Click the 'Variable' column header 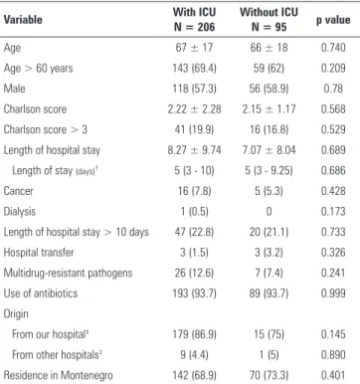pos(23,20)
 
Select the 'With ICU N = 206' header pos(194,20)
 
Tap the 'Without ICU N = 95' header pos(269,20)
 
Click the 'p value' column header pos(333,20)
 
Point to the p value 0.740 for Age pos(333,48)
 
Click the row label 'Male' pos(14,89)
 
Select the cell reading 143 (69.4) pos(194,68)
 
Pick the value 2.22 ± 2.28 pos(194,109)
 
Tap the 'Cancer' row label pos(19,191)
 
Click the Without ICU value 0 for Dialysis pos(269,212)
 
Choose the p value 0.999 pos(333,293)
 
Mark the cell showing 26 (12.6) pos(194,273)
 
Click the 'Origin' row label pos(16,314)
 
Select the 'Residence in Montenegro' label pos(58,375)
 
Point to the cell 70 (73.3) pos(269,375)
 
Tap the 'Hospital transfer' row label pos(39,253)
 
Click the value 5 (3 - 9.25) pos(269,170)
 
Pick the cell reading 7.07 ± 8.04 pos(269,150)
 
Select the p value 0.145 pos(333,334)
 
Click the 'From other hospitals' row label pos(57,355)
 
